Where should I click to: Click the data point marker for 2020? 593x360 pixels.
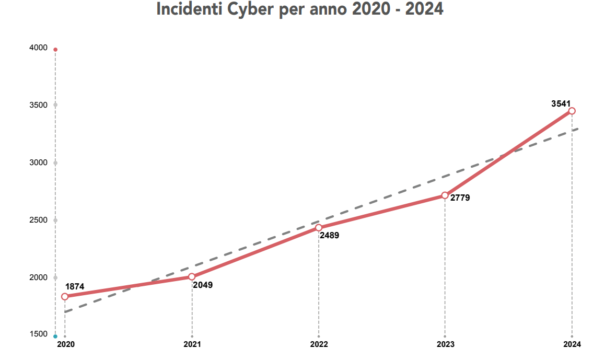[65, 297]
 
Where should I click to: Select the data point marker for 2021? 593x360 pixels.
[192, 277]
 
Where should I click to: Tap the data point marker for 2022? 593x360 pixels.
[319, 228]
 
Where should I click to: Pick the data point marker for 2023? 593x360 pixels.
[445, 195]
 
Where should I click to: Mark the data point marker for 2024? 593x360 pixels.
[572, 111]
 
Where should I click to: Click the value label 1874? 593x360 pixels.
[75, 287]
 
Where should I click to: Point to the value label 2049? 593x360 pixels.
[203, 285]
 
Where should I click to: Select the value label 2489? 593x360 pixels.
[330, 236]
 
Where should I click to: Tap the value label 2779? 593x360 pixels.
[460, 198]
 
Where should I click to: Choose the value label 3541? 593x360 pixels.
[561, 103]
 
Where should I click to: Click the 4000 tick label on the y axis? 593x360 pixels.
[39, 48]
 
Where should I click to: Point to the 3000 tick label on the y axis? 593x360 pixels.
[39, 162]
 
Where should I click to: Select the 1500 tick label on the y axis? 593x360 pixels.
[39, 334]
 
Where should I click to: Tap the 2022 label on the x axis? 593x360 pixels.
[319, 345]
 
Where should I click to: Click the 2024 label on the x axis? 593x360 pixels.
[572, 345]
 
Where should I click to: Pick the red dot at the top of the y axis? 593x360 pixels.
[55, 50]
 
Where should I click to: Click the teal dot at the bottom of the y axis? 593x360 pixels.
[55, 336]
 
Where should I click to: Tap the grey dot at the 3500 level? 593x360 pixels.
[55, 105]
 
